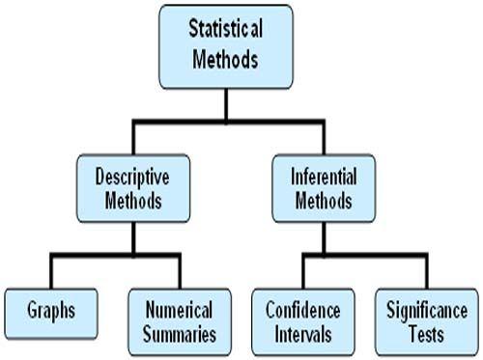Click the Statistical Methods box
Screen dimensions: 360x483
pos(225,46)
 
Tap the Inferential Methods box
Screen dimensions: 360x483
pos(324,189)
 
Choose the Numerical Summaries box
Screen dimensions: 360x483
pos(180,322)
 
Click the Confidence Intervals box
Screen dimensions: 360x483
pos(302,322)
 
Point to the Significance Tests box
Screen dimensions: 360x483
pos(426,322)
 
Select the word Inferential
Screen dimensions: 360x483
pos(324,179)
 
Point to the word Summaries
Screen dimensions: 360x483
pos(180,334)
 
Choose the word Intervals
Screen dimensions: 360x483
pos(302,334)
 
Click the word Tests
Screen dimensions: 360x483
pos(426,334)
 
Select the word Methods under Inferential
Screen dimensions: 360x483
pos(324,202)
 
